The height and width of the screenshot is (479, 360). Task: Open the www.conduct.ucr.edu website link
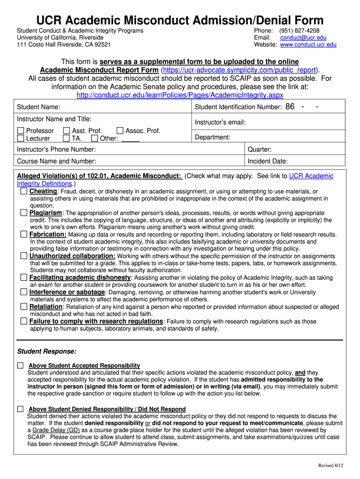pos(308,45)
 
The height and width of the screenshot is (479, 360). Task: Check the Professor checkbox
pos(21,131)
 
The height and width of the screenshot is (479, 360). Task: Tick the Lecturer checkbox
pos(21,138)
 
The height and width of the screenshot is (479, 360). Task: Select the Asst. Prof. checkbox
pos(66,131)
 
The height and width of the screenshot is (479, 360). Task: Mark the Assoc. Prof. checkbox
pos(120,131)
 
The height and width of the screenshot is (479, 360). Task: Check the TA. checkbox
pos(66,138)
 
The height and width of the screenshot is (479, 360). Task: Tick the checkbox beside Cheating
pos(24,191)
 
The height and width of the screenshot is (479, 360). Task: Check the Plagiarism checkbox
pos(24,213)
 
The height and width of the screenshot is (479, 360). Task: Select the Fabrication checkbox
pos(24,234)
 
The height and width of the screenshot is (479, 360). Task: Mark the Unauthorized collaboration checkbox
pos(24,256)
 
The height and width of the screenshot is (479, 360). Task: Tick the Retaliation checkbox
pos(24,306)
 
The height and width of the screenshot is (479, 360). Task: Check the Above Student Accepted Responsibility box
pos(20,365)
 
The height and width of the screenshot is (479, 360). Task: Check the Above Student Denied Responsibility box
pos(20,409)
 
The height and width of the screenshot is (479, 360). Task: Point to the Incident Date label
pos(267,161)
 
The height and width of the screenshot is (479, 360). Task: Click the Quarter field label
pos(259,150)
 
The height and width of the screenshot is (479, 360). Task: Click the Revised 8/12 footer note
pos(331,465)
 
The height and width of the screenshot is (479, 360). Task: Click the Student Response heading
pos(47,351)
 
